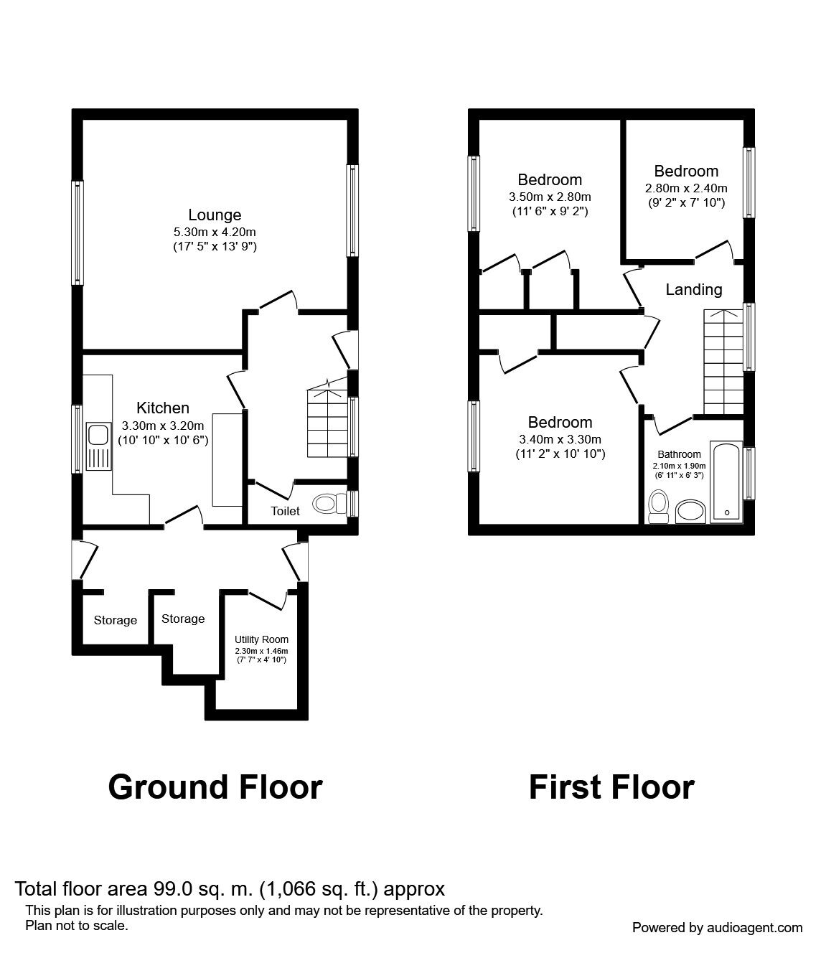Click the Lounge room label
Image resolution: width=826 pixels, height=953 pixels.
tap(215, 215)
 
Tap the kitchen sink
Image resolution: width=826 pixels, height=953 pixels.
tap(98, 446)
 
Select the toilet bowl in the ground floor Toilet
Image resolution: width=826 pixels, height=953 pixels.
tap(329, 503)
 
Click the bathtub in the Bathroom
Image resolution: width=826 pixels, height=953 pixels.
tap(726, 482)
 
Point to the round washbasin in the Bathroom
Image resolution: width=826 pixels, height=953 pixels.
tap(690, 512)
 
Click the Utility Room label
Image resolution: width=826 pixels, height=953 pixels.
tap(261, 639)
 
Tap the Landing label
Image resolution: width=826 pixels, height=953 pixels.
tap(693, 289)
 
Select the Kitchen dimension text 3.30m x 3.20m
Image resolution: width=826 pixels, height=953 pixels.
tap(163, 426)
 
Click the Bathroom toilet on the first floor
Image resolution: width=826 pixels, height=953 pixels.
tap(659, 507)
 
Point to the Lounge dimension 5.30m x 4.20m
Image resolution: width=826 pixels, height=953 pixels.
tap(215, 232)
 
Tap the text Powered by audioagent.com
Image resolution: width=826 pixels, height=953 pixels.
tap(717, 928)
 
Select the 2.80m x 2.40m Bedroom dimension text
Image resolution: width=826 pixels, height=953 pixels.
tap(686, 188)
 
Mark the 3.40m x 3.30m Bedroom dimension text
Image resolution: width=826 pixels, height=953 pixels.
tap(560, 439)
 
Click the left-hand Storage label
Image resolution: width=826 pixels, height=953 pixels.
tap(116, 621)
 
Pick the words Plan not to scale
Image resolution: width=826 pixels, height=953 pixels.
tap(77, 925)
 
